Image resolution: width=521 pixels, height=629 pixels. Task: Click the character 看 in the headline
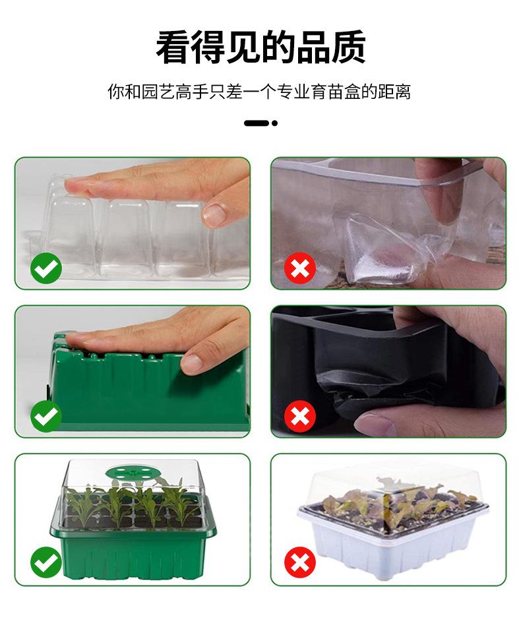pyautogui.click(x=173, y=47)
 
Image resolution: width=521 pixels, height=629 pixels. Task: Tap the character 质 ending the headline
pyautogui.click(x=348, y=47)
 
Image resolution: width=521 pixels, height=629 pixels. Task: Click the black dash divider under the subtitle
pyautogui.click(x=256, y=123)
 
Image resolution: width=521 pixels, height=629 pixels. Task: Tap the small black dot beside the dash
pyautogui.click(x=274, y=123)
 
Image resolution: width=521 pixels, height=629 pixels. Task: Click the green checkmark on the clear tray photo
pyautogui.click(x=46, y=268)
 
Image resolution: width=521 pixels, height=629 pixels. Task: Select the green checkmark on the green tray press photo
pyautogui.click(x=46, y=417)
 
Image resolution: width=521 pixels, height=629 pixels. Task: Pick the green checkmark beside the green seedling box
pyautogui.click(x=46, y=562)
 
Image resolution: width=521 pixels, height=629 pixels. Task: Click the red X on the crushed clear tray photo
pyautogui.click(x=300, y=268)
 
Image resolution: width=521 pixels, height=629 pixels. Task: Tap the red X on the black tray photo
pyautogui.click(x=300, y=417)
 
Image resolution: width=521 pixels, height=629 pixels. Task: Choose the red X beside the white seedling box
pyautogui.click(x=300, y=562)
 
